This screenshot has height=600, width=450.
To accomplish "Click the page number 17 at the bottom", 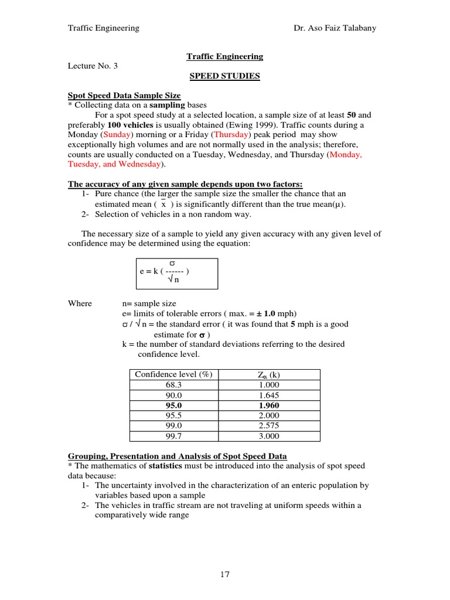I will (x=225, y=574).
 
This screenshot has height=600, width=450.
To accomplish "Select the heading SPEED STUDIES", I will (x=224, y=76).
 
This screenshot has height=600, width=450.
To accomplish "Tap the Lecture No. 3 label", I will (x=93, y=66).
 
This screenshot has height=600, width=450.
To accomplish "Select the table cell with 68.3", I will (x=174, y=385).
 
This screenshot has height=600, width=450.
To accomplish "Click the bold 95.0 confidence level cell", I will (x=174, y=405).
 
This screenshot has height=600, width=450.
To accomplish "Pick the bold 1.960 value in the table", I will (x=269, y=405).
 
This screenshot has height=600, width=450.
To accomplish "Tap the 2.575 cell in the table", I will (x=269, y=426).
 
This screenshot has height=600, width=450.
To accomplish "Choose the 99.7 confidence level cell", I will (x=174, y=436).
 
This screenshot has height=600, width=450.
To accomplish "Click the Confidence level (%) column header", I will (x=173, y=374).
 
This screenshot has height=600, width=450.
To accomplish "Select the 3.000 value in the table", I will (x=269, y=436).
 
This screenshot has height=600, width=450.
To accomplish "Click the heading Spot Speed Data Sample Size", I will (x=124, y=95).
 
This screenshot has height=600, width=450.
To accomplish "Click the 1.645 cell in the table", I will (x=269, y=396).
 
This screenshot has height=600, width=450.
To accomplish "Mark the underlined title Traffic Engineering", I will (x=224, y=57).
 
